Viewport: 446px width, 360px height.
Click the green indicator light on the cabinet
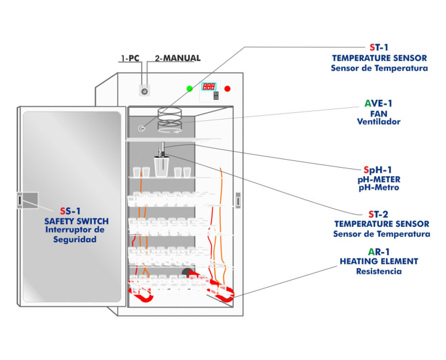[x=189, y=88]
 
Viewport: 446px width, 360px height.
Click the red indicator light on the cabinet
[x=227, y=89]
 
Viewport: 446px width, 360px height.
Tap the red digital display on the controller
[x=209, y=86]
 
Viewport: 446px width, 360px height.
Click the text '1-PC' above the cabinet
[x=130, y=59]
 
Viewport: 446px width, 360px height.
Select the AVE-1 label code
[x=379, y=103]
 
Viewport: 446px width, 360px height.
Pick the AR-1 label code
[x=379, y=252]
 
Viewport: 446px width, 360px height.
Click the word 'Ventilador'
[x=379, y=122]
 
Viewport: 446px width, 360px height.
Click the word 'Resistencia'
[x=379, y=271]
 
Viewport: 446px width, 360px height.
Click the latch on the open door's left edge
[x=20, y=200]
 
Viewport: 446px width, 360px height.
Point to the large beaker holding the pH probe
[x=162, y=166]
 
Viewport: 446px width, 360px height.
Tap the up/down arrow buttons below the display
[x=216, y=96]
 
